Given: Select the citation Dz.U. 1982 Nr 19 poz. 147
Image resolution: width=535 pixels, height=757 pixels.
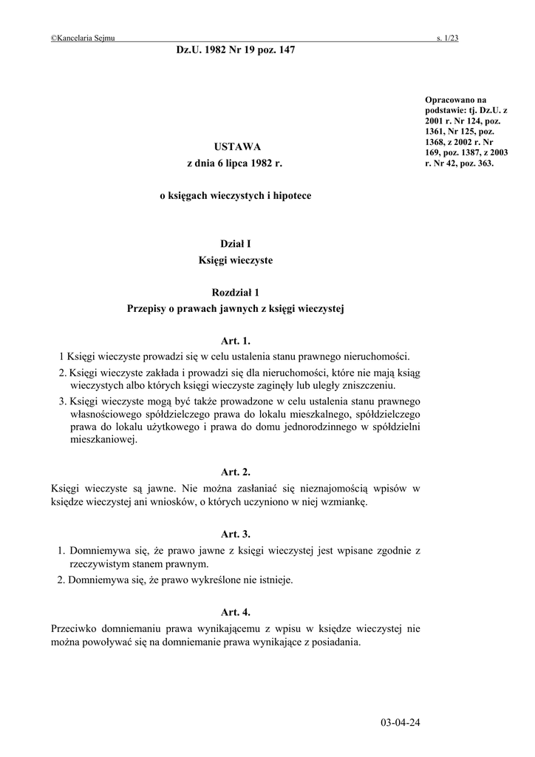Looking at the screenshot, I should [x=236, y=50].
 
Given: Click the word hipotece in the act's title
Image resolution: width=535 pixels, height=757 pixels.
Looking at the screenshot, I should [x=292, y=196].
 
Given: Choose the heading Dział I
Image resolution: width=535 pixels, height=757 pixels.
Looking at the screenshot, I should [x=236, y=244].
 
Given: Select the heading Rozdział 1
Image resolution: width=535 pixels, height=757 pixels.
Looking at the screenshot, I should [x=236, y=293].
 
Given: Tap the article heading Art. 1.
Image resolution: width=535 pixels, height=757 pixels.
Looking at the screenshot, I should [x=236, y=341].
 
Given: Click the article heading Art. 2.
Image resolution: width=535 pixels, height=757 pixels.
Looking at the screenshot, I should [x=236, y=471].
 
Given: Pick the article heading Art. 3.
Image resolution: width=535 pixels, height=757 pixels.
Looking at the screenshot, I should [x=236, y=533].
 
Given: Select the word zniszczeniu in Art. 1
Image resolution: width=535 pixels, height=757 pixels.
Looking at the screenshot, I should [x=369, y=386].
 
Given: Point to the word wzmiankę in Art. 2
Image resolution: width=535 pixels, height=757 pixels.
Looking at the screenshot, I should [x=341, y=502].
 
